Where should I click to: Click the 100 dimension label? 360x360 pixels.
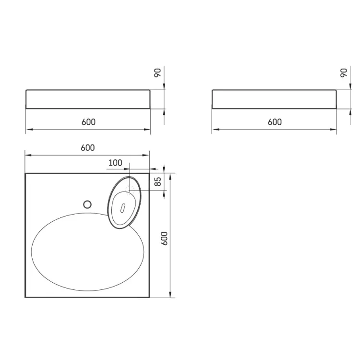pos(115,163)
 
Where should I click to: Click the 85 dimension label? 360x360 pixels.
pos(158,181)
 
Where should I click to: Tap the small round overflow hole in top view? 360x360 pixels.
pos(87,204)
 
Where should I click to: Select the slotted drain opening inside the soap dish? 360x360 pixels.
pos(123,208)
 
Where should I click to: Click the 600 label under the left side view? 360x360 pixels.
pos(88,122)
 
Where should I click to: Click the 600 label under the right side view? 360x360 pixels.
pos(275,122)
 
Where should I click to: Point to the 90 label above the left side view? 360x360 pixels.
pos(158,73)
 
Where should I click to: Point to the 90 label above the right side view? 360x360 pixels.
pos(344,73)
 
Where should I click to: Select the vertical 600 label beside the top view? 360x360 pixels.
pos(164,239)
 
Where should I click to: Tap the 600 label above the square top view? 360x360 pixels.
pos(88,148)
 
